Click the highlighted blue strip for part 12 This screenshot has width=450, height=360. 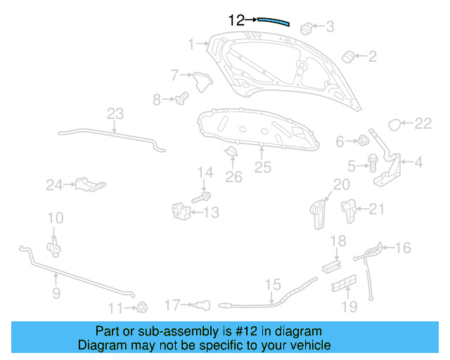pos(274,21)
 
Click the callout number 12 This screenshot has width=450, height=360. pos(236,20)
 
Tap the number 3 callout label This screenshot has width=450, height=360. pos(330,27)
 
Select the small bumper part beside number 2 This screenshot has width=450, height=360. pos(347,56)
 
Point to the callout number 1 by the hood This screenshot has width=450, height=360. pos(191,45)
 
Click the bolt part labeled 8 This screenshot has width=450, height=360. pos(181,98)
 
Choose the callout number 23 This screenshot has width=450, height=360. pos(115,114)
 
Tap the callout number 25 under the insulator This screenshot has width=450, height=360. pos(262,167)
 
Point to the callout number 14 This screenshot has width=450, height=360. pos(205,173)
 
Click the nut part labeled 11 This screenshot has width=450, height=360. pos(141,307)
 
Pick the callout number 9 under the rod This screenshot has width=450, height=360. pos(56,292)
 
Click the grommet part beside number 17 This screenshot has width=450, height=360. pos(202,304)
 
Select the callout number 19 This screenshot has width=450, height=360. pos(349,307)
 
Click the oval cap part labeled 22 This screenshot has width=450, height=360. pos(396,124)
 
